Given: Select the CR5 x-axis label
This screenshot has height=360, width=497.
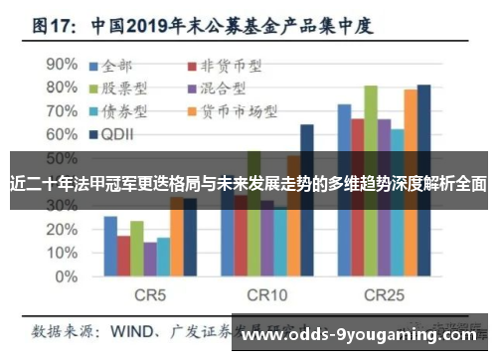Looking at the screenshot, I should click(x=149, y=295).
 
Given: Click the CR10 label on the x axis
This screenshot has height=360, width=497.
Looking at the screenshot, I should click(x=266, y=295).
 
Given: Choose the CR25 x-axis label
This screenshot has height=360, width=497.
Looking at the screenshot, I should click(x=384, y=295).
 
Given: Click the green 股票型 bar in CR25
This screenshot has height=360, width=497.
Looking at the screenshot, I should click(x=371, y=180).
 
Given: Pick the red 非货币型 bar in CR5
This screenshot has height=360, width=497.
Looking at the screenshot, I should click(x=123, y=256).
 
